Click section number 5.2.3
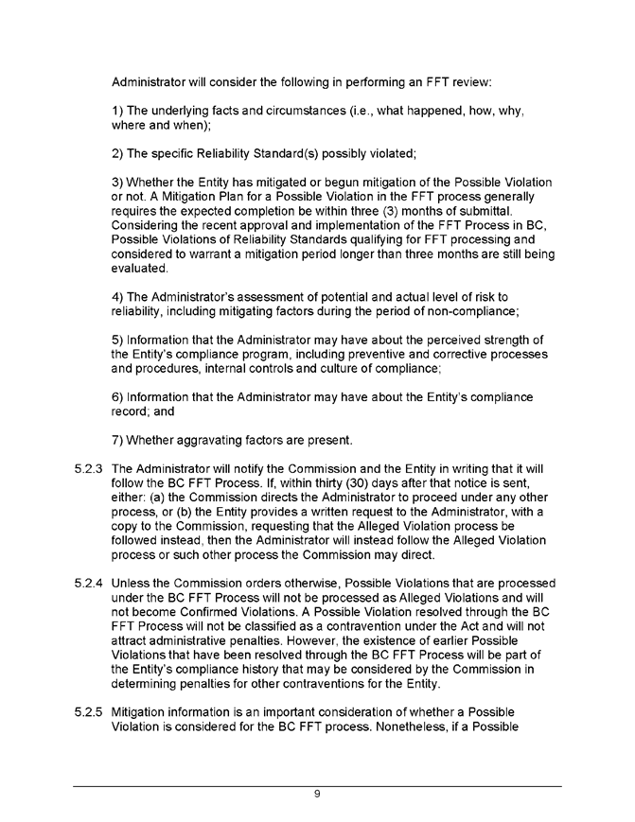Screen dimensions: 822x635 tap(87, 468)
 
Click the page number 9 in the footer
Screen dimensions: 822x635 tap(318, 794)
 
